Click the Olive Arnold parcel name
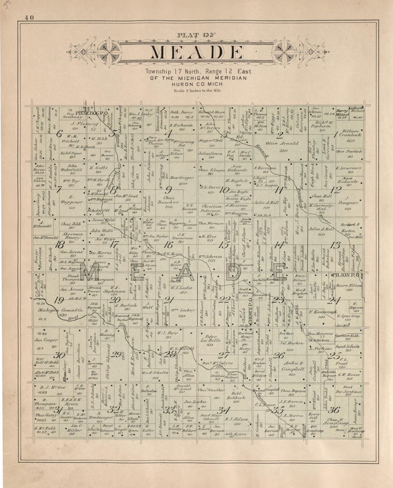point(282,143)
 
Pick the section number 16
point(168,245)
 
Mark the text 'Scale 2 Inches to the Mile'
point(197,91)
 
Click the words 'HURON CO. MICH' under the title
point(197,84)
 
